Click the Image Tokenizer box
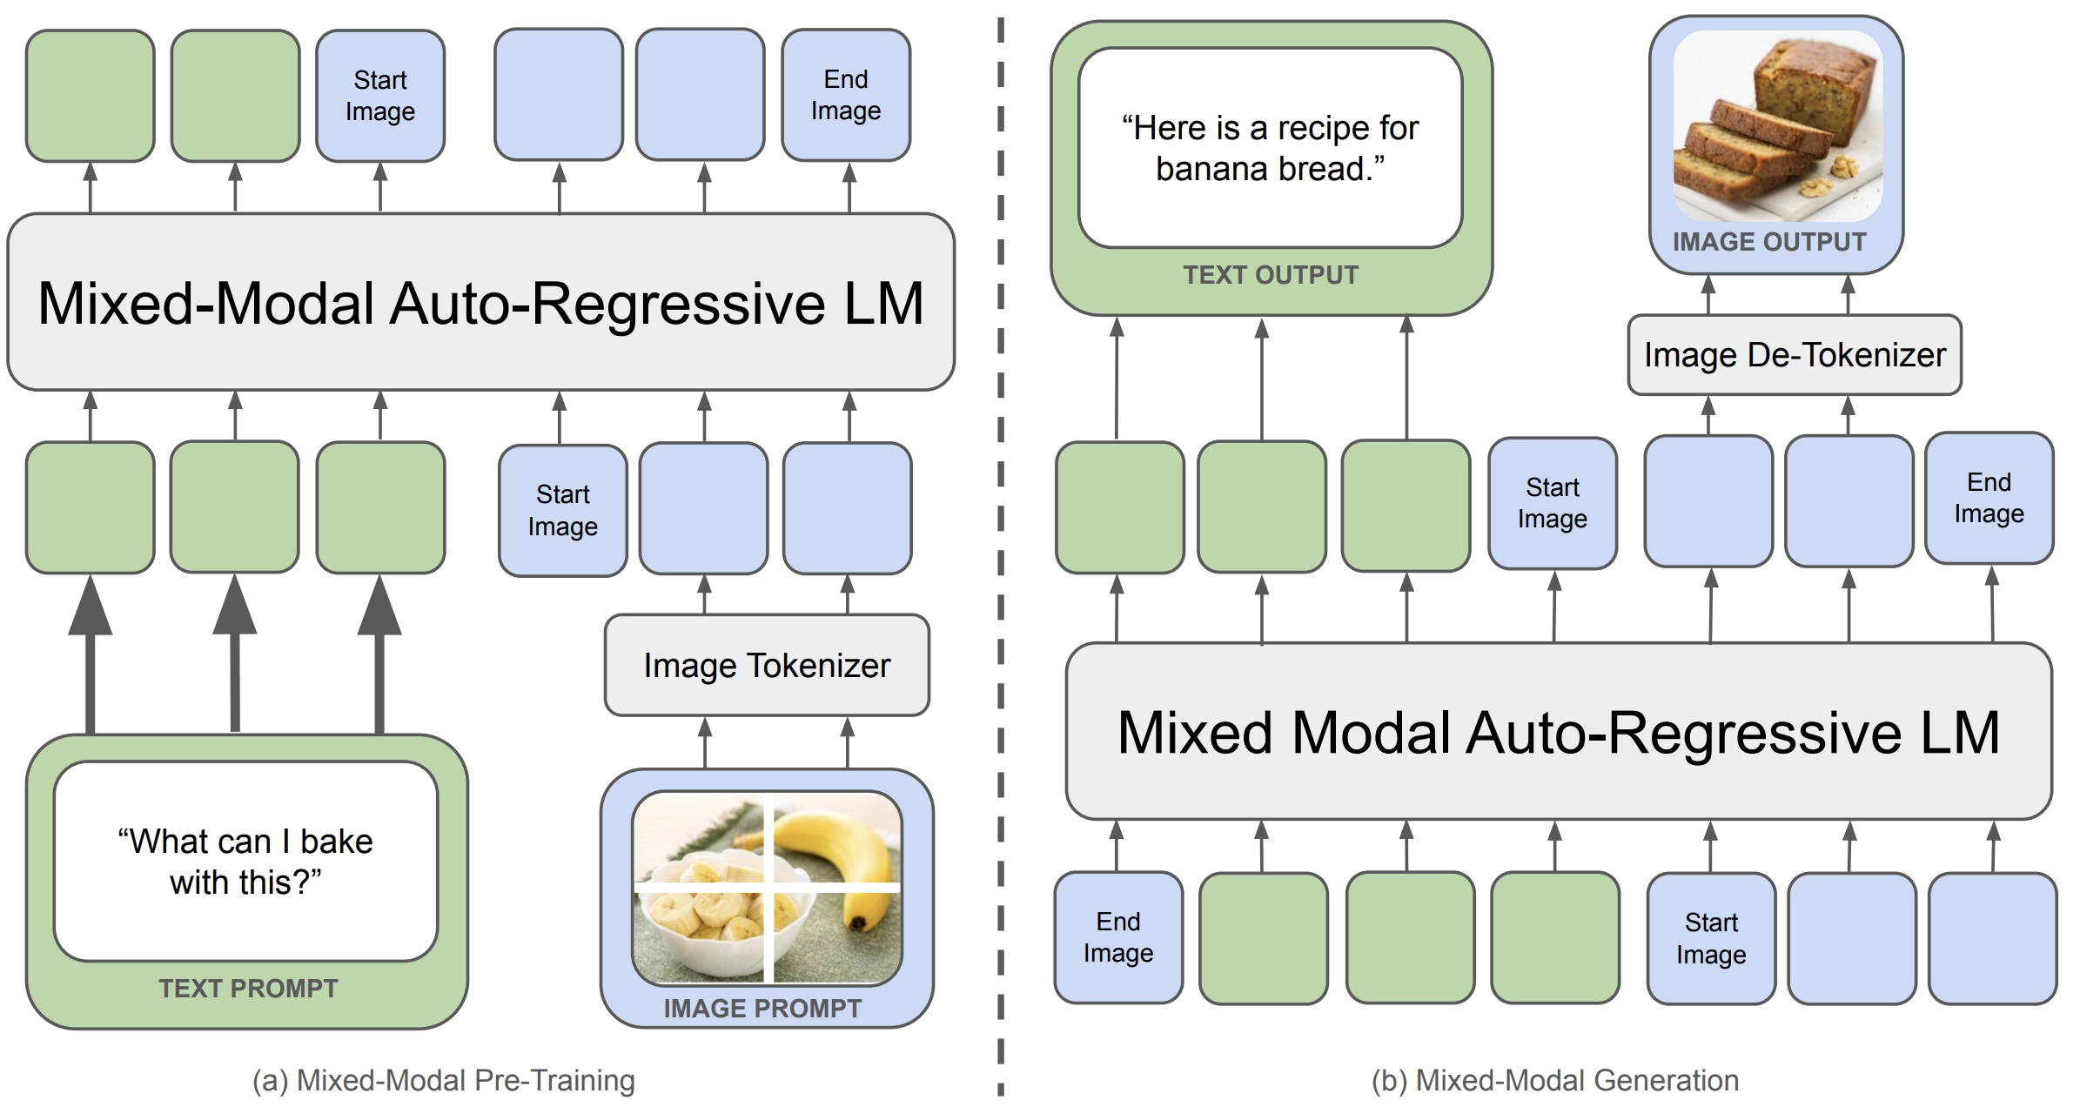pos(767,666)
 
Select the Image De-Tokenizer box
pos(1795,355)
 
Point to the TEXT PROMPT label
pos(248,989)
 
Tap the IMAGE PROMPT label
pos(762,1009)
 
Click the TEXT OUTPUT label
pos(1271,275)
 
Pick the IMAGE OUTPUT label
pos(1769,242)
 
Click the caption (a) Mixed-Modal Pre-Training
pos(444,1080)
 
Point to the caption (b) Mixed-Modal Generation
pos(1555,1080)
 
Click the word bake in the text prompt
pos(336,842)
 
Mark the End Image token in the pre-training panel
pos(846,95)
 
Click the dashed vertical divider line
pos(1001,557)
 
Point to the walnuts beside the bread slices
pos(1832,174)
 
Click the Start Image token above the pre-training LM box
pos(380,96)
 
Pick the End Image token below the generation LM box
pos(1118,937)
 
